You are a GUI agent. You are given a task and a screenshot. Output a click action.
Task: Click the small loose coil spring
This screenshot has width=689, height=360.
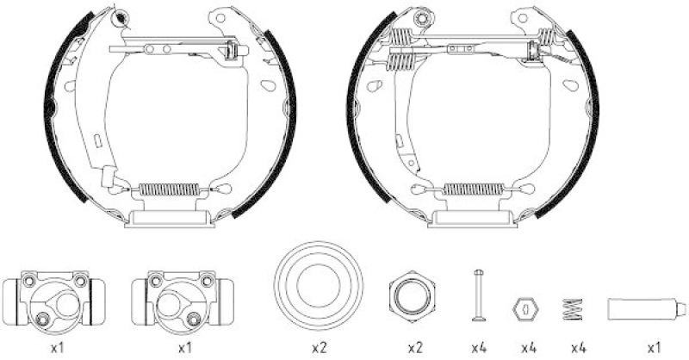pyautogui.click(x=572, y=308)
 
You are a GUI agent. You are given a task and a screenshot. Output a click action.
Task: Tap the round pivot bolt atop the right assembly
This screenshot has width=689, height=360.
pyautogui.click(x=422, y=18)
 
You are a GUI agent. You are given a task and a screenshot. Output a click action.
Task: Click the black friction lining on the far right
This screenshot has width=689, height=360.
pyautogui.click(x=592, y=121)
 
